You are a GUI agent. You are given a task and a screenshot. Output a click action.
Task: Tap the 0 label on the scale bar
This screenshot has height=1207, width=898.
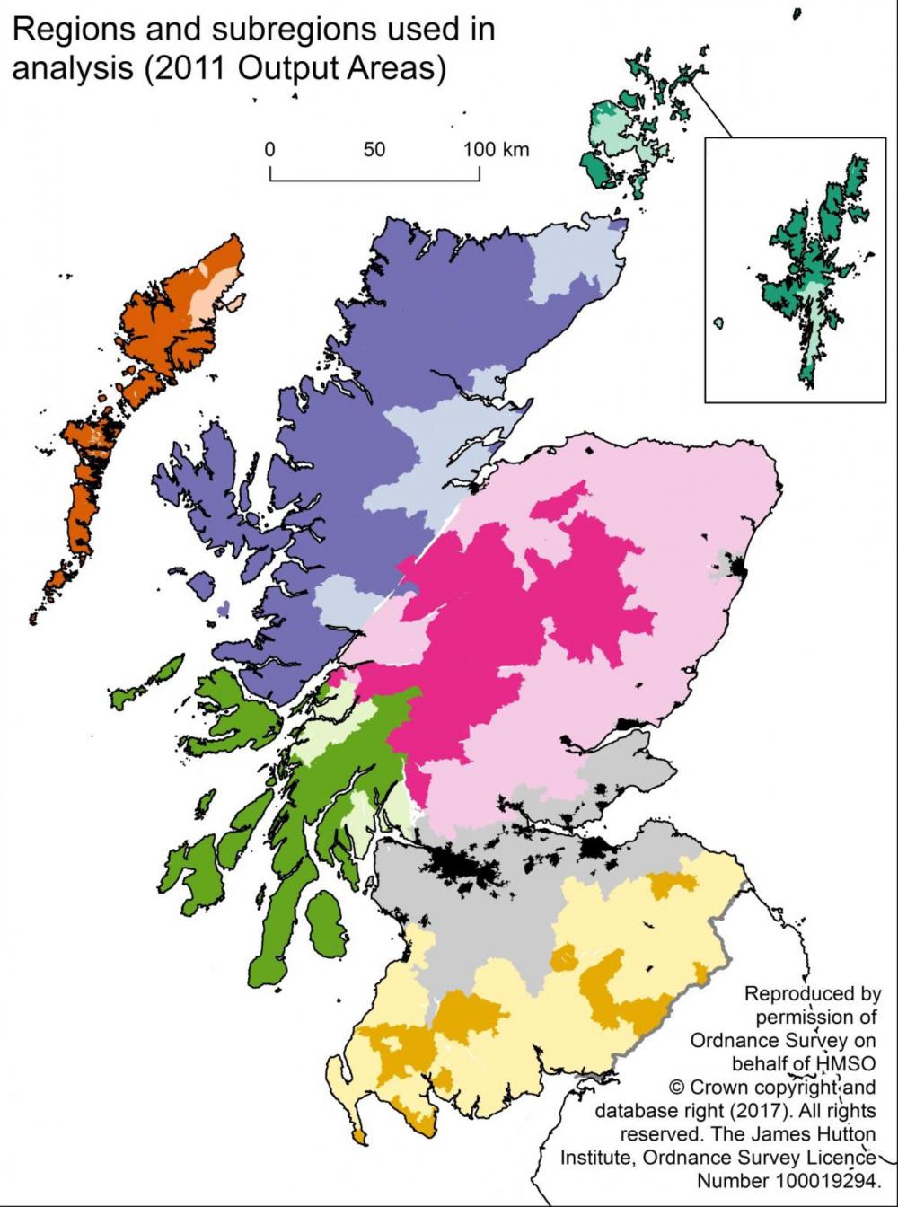click(x=269, y=150)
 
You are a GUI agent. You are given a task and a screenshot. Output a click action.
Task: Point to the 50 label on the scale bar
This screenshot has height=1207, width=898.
click(x=374, y=150)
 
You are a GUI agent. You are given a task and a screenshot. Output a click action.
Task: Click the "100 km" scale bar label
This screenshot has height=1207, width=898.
click(x=496, y=150)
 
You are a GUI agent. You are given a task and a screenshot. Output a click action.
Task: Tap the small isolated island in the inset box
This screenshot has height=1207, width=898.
click(x=718, y=322)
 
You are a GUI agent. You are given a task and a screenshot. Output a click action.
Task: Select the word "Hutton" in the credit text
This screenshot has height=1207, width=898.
click(x=849, y=1133)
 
